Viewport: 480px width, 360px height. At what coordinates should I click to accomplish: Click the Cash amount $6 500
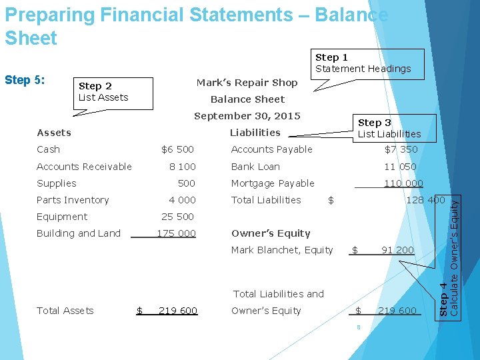point(178,149)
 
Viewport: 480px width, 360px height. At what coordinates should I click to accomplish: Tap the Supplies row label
point(57,183)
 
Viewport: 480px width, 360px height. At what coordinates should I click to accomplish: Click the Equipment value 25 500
point(178,217)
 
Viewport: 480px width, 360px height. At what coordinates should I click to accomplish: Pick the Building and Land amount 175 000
point(176,233)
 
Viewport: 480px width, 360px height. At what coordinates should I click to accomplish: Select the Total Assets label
point(65,311)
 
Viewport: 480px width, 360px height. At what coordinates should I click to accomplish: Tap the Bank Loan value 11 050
point(400,167)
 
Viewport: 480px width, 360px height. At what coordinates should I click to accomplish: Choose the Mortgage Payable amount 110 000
point(403,183)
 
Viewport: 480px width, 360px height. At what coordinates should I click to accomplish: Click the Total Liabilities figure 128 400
point(425,200)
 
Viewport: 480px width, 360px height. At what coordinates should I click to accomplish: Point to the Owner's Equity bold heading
point(271,233)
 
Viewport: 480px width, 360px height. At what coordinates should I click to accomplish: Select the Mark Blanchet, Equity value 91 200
point(397,250)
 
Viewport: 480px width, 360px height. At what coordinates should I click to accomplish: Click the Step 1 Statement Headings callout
point(363,63)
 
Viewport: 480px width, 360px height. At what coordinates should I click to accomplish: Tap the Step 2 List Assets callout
point(104,92)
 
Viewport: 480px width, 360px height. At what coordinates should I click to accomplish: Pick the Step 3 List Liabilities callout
point(389,129)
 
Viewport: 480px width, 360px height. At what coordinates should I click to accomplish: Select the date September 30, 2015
point(247,116)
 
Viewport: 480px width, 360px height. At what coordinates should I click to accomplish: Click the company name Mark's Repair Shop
point(247,83)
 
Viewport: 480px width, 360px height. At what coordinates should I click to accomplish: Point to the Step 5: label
point(25,81)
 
